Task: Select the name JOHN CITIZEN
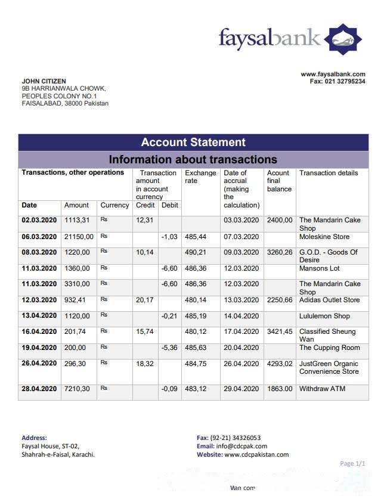[44, 81]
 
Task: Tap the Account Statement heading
[193, 142]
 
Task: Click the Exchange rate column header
[200, 176]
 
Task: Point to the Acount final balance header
[279, 181]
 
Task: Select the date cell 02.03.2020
[39, 220]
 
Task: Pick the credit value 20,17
[144, 300]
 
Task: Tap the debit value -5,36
[170, 348]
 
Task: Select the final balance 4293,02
[280, 364]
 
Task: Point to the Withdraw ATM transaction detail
[322, 389]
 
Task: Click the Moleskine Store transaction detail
[324, 237]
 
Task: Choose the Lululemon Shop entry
[324, 316]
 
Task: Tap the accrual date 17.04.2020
[241, 331]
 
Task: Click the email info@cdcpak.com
[242, 446]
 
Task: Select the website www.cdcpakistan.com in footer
[256, 454]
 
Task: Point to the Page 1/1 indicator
[352, 463]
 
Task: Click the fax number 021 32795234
[345, 81]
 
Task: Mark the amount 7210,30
[77, 389]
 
